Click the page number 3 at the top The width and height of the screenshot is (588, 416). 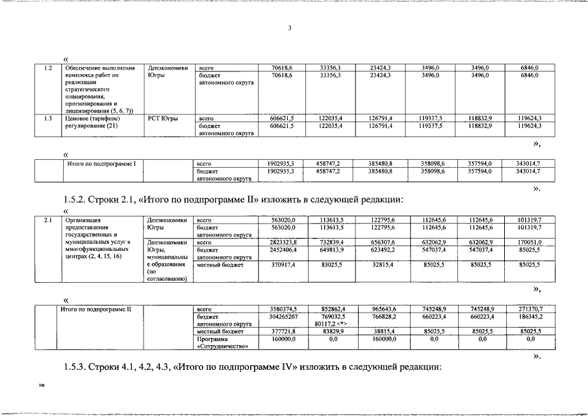[290, 28]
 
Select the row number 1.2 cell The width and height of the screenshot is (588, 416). [47, 68]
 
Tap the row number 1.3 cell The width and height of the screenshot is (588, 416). [47, 118]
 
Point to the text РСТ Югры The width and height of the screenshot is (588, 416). [163, 118]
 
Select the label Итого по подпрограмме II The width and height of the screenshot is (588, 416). [96, 308]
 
